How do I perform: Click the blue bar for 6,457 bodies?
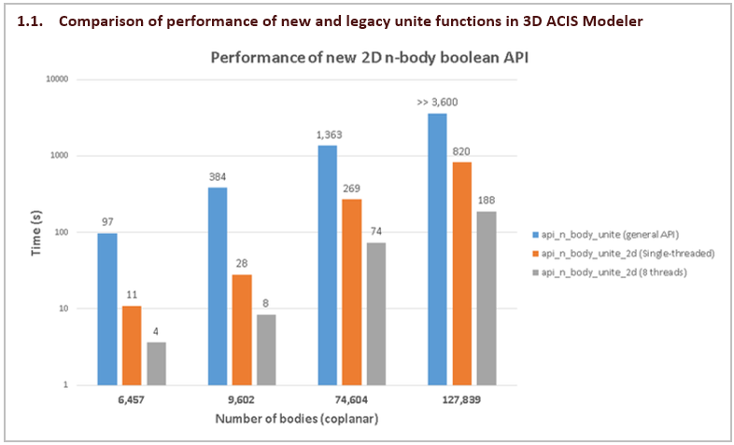(x=107, y=309)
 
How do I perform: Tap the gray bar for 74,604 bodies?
(x=375, y=313)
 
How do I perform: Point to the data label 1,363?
(x=328, y=136)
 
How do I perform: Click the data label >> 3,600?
(x=437, y=103)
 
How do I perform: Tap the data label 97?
(x=107, y=223)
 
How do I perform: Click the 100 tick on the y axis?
(x=62, y=232)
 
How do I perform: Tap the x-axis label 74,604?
(x=351, y=399)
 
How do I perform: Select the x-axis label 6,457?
(x=132, y=399)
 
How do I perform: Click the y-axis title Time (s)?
(x=35, y=231)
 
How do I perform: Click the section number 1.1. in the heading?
(x=31, y=21)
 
